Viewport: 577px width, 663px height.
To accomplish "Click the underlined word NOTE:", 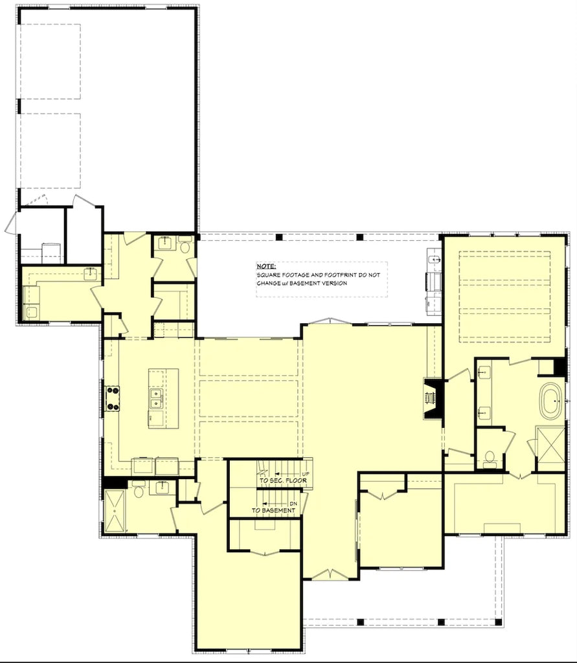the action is pos(266,266).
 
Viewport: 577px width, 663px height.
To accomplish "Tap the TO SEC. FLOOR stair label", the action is pos(283,481).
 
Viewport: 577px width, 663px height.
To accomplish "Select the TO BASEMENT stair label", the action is pos(273,510).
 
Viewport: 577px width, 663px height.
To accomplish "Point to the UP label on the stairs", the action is pos(306,474).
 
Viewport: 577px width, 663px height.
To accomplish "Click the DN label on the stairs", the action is pos(293,504).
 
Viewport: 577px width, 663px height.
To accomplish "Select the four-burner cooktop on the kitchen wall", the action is pos(112,399).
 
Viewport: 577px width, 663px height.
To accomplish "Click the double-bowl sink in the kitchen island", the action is pos(155,399).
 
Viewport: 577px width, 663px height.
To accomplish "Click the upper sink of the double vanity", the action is pos(484,374).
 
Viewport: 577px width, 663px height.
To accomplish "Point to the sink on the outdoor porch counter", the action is pos(433,259).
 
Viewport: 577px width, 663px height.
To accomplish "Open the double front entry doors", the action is pos(330,574).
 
